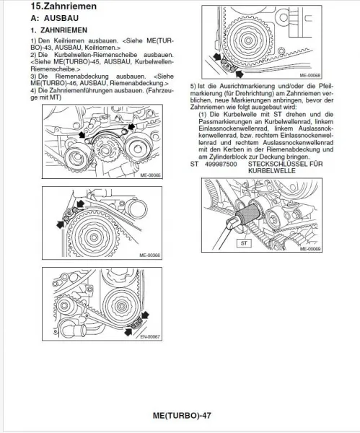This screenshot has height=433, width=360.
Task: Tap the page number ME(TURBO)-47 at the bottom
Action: (181, 416)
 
